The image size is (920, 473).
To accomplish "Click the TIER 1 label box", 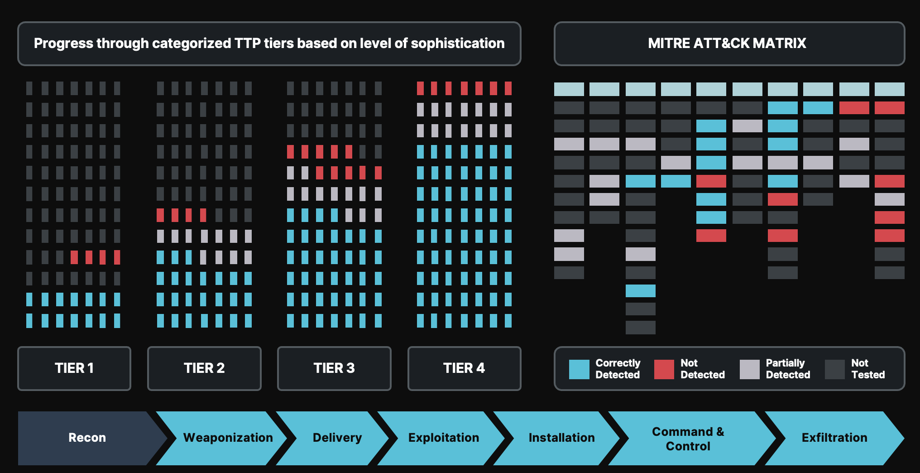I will coord(74,368).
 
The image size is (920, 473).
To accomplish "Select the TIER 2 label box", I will coord(204,368).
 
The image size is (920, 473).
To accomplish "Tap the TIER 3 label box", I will coord(334,368).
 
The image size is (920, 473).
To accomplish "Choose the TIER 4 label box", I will coord(464,368).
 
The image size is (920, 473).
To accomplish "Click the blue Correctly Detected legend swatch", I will coord(579,369).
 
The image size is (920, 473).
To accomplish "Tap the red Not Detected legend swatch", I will coord(664,369).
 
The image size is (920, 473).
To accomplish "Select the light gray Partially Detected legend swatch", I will coord(749,369).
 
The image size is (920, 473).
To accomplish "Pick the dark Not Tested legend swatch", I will coord(834,369).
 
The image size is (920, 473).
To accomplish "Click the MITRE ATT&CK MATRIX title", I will coord(727,43).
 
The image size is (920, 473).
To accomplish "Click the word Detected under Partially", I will coord(788,375).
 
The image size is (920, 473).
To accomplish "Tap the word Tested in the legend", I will coord(868,375).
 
